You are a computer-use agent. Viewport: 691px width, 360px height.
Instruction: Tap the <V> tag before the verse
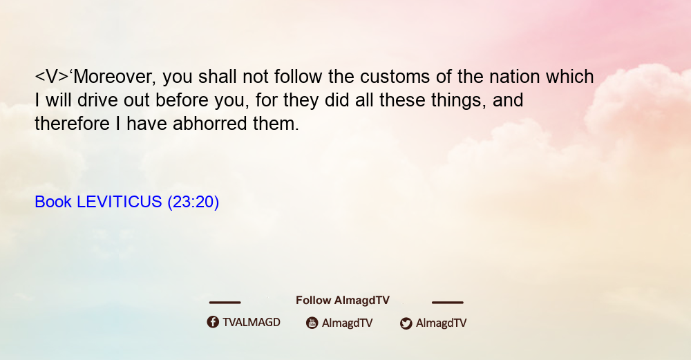(52, 77)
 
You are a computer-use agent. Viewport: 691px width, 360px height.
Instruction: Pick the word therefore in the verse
(73, 124)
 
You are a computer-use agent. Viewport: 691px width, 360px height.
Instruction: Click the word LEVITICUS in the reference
(120, 202)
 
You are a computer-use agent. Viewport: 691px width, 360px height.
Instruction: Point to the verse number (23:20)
(193, 202)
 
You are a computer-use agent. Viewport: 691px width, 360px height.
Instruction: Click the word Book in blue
(53, 202)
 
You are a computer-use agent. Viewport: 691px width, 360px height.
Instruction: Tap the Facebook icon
(213, 322)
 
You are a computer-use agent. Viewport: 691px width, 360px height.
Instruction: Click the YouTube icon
(312, 323)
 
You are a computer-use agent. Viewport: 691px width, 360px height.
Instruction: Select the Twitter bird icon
(406, 323)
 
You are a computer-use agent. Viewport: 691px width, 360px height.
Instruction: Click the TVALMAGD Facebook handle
(252, 323)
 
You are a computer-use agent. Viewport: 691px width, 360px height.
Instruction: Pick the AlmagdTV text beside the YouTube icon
(348, 323)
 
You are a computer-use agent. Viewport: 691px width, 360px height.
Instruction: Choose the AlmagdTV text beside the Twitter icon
(441, 323)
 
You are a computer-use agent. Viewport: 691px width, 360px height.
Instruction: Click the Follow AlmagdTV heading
(343, 301)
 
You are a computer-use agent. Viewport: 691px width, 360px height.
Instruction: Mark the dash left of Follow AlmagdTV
(225, 302)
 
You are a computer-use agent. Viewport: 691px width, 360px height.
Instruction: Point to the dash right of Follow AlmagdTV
(448, 302)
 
